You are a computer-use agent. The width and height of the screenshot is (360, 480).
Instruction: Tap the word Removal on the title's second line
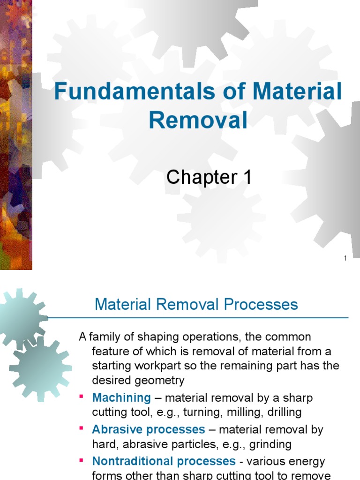coord(198,120)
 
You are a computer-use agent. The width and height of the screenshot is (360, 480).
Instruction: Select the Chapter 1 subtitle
coord(209,178)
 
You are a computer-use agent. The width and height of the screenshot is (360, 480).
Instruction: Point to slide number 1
coord(345,258)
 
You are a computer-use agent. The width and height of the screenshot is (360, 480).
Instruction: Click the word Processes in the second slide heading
coord(261,305)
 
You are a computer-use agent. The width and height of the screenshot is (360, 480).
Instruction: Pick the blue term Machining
coord(121,398)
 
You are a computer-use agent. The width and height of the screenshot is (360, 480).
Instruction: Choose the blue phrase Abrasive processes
coord(149,429)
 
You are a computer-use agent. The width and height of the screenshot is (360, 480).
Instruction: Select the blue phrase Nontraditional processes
coord(164,461)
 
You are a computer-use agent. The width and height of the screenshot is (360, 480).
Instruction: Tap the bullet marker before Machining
coord(81,397)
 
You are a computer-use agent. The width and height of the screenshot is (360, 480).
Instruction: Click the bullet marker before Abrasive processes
coord(81,428)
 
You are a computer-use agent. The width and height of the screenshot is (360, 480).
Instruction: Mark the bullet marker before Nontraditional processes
coord(81,459)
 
